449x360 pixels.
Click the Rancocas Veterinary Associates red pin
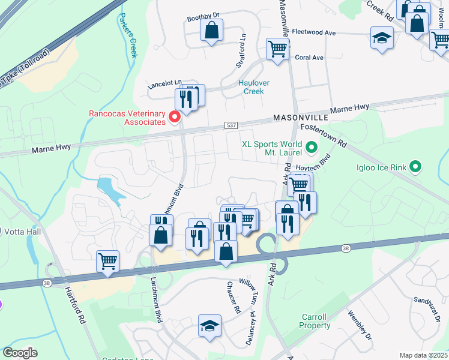pyautogui.click(x=175, y=116)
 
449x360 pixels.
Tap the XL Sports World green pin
pyautogui.click(x=311, y=146)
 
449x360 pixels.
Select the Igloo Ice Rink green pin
pyautogui.click(x=417, y=167)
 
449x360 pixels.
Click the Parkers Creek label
pyautogui.click(x=128, y=37)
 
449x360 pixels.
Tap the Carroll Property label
pyautogui.click(x=315, y=321)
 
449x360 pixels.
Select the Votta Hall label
pyautogui.click(x=21, y=231)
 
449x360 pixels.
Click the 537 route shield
pyautogui.click(x=232, y=125)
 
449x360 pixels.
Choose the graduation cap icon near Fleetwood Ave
pyautogui.click(x=381, y=38)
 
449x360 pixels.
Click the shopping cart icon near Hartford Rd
pyautogui.click(x=108, y=261)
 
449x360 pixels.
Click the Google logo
pyautogui.click(x=20, y=353)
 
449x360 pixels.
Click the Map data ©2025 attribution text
pyautogui.click(x=423, y=355)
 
